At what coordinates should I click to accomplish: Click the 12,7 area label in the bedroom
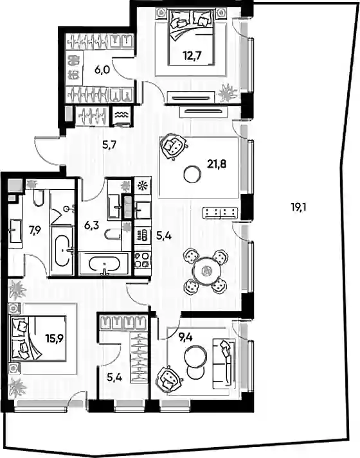pos(192,55)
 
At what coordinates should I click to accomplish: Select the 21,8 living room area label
pos(217,164)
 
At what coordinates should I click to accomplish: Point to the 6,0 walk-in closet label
pos(102,70)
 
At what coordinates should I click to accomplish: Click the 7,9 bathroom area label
pos(35,231)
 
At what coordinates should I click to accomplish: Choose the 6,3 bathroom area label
pos(91,225)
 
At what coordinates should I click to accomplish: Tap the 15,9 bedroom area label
pos(55,339)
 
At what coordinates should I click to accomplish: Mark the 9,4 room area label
pos(186,338)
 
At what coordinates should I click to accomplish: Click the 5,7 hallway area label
pos(109,145)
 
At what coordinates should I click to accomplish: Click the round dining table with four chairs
pos(206,271)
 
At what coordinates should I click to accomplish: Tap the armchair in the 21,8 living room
pos(173,146)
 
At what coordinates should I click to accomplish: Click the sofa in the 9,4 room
pos(224,364)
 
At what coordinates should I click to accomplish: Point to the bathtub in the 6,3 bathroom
pos(104,265)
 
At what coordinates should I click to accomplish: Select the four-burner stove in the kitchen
pos(143,260)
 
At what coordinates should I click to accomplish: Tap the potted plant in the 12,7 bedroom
pos(228,93)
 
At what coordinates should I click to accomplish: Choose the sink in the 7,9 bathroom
pos(15,231)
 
